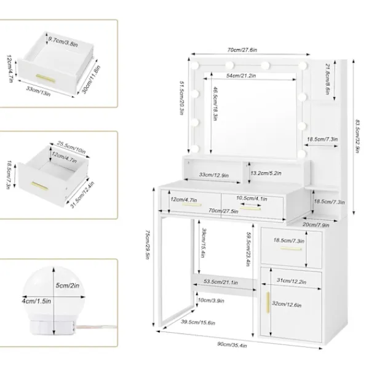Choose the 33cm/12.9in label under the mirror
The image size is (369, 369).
point(213,175)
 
